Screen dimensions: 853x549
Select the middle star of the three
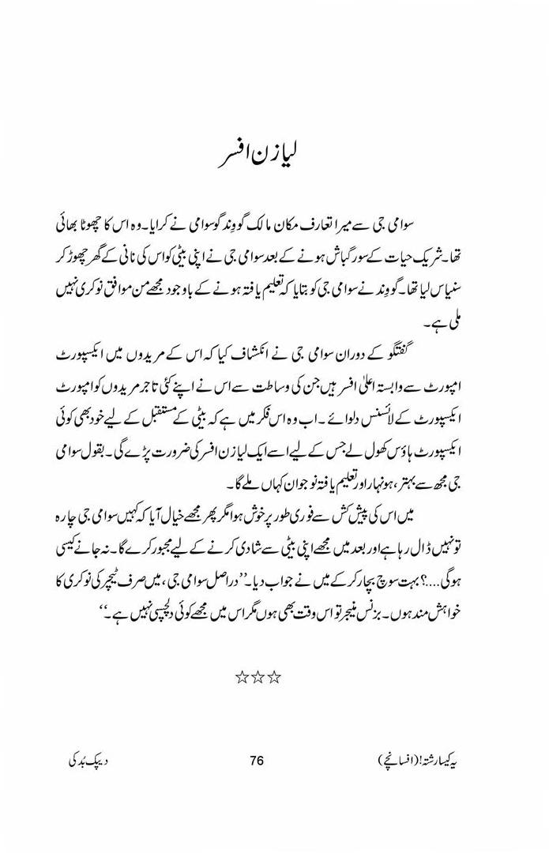point(258,677)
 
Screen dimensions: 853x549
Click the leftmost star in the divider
point(242,677)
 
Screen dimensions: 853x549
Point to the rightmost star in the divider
point(275,677)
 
